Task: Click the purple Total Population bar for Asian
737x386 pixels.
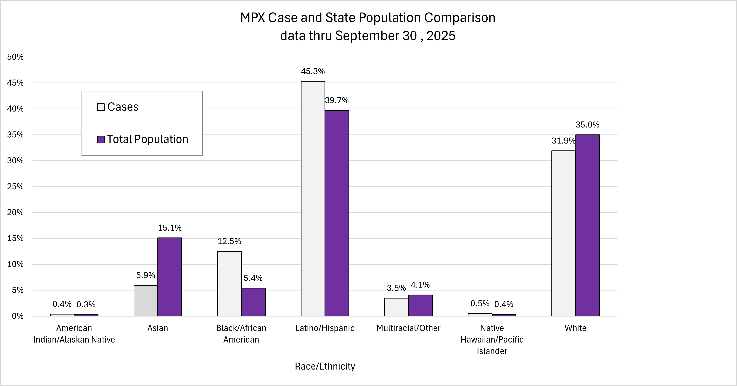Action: click(x=170, y=277)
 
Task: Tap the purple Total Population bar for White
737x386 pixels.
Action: click(x=587, y=225)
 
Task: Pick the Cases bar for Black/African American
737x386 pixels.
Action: click(x=229, y=283)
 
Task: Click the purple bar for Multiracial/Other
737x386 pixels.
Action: click(x=420, y=305)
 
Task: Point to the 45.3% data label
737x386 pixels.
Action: click(x=313, y=71)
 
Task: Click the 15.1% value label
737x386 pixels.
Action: click(x=170, y=228)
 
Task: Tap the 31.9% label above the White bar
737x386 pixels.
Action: click(x=563, y=141)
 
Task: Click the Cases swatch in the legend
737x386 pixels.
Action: click(x=101, y=107)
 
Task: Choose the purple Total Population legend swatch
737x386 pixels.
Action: click(x=101, y=139)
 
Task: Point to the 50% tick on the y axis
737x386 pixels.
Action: click(x=16, y=57)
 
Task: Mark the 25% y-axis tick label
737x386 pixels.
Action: click(x=16, y=187)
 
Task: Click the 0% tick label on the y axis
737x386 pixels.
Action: click(x=18, y=316)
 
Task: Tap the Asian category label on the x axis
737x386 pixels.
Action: click(x=158, y=328)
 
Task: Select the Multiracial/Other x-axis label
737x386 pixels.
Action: click(x=408, y=328)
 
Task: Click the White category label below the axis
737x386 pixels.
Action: click(x=575, y=328)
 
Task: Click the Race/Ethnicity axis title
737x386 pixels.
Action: click(x=325, y=366)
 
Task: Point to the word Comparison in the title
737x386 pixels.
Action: click(x=460, y=18)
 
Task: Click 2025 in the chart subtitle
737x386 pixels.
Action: click(x=441, y=36)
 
